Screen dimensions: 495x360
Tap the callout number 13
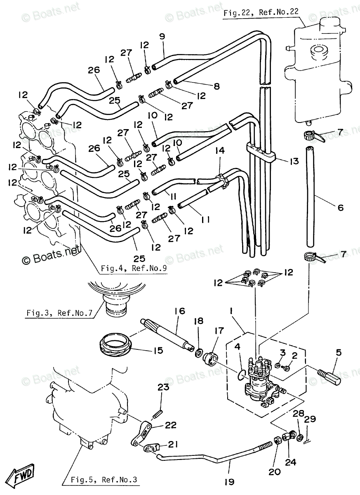[x=294, y=161]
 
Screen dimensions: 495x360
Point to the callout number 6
[x=340, y=208]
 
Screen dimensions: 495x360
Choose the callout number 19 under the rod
[x=230, y=481]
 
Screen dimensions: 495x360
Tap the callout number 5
[x=339, y=353]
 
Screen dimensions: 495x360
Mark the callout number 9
[x=162, y=36]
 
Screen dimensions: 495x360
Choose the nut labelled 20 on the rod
[x=278, y=440]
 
